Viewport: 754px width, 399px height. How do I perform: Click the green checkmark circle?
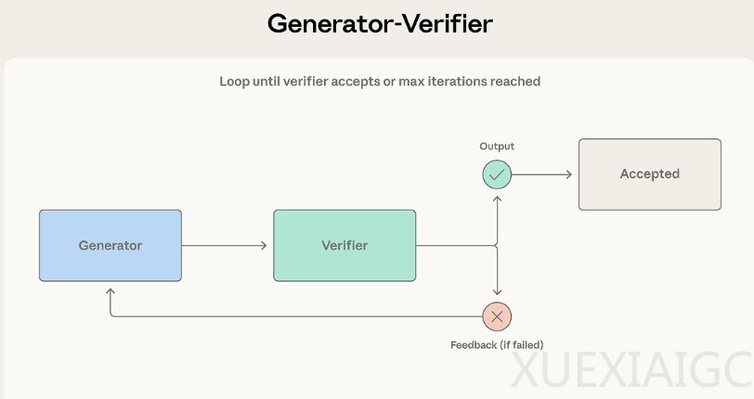coord(497,174)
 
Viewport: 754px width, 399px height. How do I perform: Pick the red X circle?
coord(497,316)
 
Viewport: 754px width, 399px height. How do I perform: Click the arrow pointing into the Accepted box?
coord(543,174)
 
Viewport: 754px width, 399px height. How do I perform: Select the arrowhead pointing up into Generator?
coord(110,291)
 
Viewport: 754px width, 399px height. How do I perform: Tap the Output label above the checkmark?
coord(497,147)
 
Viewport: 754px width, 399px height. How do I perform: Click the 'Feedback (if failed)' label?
coord(497,345)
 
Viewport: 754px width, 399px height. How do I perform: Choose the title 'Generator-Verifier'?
coord(380,24)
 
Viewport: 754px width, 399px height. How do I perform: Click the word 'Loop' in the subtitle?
coord(234,82)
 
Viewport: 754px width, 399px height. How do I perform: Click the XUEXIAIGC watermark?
coord(631,373)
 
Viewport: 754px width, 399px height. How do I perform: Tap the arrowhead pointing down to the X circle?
coord(497,293)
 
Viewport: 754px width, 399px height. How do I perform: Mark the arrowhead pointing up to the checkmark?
coord(497,196)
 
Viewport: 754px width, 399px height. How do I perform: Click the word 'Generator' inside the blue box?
coord(110,246)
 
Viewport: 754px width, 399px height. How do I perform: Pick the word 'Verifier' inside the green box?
coord(344,246)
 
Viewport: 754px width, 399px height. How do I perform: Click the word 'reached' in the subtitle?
coord(516,82)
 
